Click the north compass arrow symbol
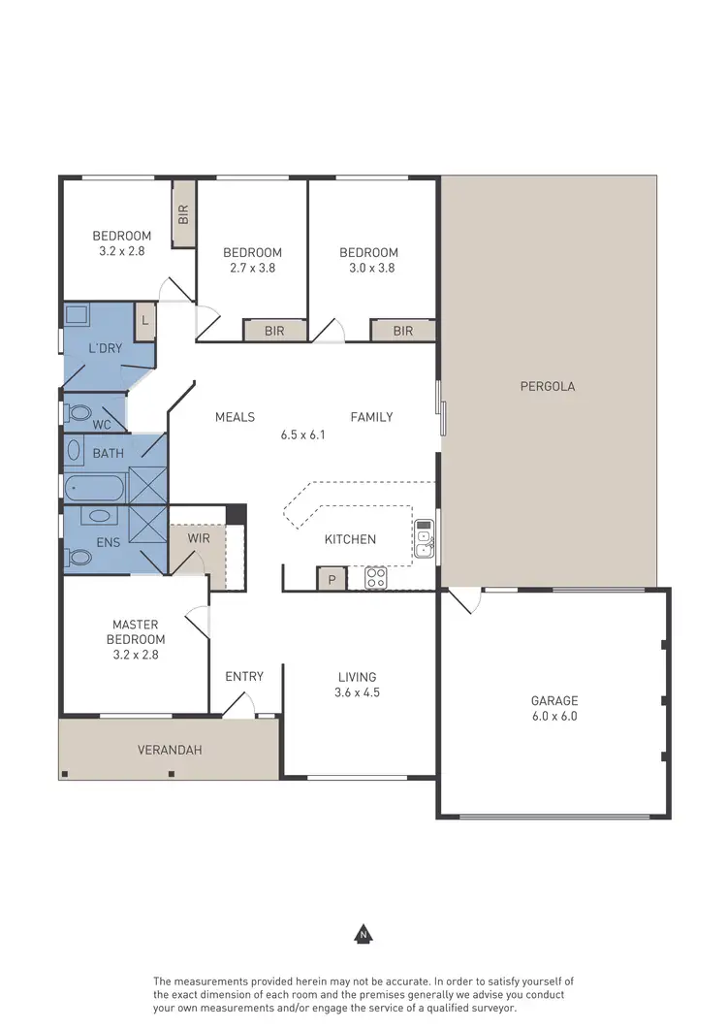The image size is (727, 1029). [363, 934]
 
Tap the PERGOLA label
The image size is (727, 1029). [548, 386]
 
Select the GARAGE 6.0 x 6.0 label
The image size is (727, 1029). [553, 708]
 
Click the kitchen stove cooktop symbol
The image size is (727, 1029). [376, 578]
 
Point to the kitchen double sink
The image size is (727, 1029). [424, 539]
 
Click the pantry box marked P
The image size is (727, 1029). [332, 579]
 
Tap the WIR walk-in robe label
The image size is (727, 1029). [199, 537]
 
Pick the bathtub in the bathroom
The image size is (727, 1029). [93, 488]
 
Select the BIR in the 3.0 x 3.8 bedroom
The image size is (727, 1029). [402, 331]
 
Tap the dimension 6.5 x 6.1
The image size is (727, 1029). [302, 434]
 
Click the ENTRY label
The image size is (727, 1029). [244, 676]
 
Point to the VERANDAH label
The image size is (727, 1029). [170, 750]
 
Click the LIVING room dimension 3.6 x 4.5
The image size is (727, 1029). [357, 692]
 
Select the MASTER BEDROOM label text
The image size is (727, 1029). [136, 631]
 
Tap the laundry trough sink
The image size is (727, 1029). [77, 316]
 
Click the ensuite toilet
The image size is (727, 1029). [77, 557]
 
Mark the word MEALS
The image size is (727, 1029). [235, 417]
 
